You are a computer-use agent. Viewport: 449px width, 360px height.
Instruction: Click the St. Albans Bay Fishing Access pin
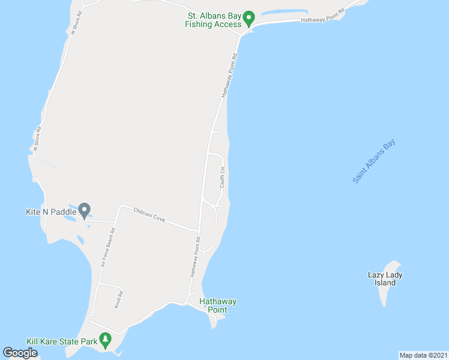[250, 18]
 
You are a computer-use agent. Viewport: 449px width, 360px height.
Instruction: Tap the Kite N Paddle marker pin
[85, 211]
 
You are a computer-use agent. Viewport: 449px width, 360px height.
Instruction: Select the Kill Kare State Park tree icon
[106, 340]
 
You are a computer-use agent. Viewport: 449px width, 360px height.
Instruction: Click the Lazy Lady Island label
[385, 279]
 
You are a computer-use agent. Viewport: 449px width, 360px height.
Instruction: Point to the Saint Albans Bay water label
[375, 161]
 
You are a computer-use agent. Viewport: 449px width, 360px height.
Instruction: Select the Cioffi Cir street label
[222, 177]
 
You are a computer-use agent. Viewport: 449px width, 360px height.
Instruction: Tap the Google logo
[20, 353]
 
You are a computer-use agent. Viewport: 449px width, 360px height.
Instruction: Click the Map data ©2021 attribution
[423, 355]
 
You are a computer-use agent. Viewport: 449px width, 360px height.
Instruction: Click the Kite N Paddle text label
[50, 212]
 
